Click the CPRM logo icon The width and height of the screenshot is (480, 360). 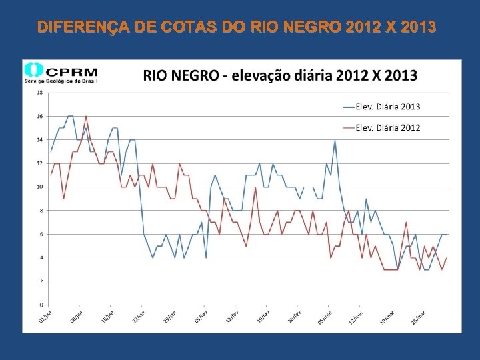(33, 70)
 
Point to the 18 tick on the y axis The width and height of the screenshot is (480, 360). (39, 93)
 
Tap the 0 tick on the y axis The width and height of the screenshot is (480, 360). (41, 305)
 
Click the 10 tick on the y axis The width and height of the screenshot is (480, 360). (39, 187)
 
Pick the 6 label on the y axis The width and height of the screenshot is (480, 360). (41, 234)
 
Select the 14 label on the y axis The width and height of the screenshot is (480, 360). (39, 140)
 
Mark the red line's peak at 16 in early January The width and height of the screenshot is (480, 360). (86, 116)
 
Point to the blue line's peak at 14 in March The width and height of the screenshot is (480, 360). (335, 140)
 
